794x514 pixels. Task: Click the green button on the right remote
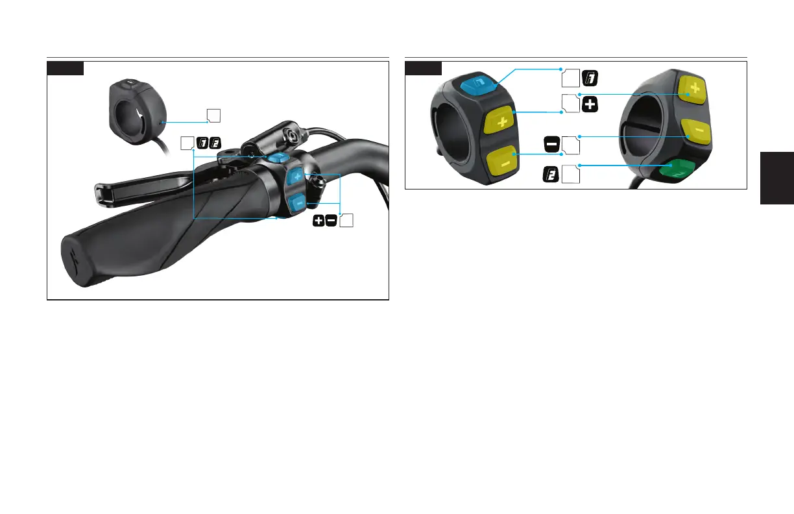click(x=677, y=170)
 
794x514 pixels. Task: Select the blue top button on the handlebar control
click(x=279, y=159)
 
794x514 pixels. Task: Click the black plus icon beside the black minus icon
click(x=319, y=221)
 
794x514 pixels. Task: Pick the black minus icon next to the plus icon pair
click(x=331, y=221)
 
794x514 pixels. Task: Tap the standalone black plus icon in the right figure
click(x=589, y=104)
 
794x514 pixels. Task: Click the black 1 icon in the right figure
click(x=589, y=78)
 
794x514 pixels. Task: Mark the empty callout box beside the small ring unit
click(x=213, y=116)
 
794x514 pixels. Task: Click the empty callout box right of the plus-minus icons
click(x=346, y=221)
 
